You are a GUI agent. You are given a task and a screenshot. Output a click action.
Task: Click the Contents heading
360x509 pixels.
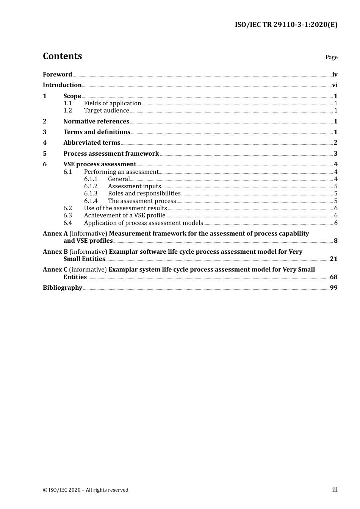point(62,56)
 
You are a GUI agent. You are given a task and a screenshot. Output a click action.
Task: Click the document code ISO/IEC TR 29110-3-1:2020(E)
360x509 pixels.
point(286,25)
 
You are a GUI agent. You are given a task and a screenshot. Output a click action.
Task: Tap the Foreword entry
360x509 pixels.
point(57,75)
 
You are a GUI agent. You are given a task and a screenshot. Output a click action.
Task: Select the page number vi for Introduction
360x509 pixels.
point(335,85)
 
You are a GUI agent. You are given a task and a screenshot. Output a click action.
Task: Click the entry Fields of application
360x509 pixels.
point(113,103)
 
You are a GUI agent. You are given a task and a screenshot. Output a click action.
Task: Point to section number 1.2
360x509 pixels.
point(67,111)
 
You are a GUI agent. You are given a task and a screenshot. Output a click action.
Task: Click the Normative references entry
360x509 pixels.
point(96,122)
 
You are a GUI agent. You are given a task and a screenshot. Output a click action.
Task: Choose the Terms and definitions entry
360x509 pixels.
point(97,132)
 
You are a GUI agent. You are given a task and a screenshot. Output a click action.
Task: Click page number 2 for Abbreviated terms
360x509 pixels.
point(335,143)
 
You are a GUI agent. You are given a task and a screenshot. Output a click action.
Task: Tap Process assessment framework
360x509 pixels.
point(111,154)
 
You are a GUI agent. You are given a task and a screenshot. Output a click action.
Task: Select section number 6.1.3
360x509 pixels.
point(91,194)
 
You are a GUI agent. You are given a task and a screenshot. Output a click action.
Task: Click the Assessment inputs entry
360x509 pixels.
point(134,186)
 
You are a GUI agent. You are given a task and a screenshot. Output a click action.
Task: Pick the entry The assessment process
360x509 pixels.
point(142,201)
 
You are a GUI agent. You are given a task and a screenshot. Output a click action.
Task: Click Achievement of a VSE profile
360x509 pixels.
point(124,215)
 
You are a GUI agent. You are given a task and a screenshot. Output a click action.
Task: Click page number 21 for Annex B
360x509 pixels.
point(333,259)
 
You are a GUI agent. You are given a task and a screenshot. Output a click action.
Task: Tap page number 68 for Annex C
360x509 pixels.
point(333,277)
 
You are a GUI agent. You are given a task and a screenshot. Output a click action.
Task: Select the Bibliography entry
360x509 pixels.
point(63,288)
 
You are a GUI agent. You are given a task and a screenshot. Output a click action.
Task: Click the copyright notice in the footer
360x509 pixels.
point(86,490)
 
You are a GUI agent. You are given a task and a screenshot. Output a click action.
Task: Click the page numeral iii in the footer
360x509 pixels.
point(335,490)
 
